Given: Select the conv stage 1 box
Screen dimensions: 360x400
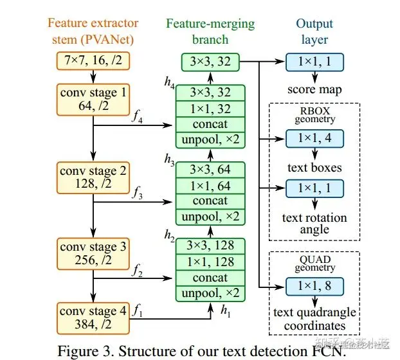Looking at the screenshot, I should point(93,98).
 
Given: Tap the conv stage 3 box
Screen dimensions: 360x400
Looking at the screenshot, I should point(93,253).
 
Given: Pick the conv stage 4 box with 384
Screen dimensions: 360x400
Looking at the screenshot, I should point(93,318).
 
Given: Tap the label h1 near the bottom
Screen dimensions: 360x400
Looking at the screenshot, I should point(226,310).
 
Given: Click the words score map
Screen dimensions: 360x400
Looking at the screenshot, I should point(314,88).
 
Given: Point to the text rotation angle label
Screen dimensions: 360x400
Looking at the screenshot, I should point(314,223).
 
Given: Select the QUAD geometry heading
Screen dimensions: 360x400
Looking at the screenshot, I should point(314,263).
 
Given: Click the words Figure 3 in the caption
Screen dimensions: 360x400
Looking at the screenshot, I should point(87,350).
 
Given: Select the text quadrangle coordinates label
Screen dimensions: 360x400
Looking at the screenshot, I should point(314,319).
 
